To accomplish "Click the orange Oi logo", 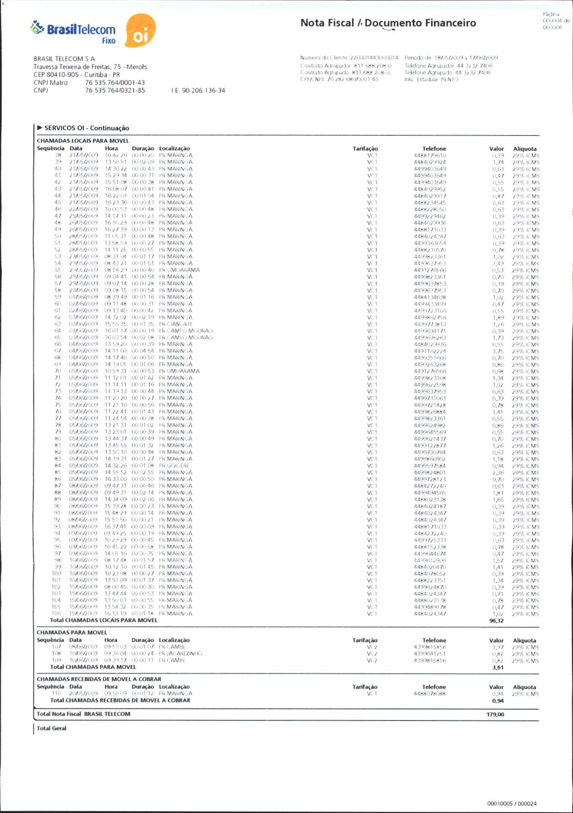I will pos(140,31).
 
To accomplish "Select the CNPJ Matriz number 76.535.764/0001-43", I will pos(115,83).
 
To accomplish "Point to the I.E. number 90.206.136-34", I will pos(203,91).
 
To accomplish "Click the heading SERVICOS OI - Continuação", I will pos(86,128).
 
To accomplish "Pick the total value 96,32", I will pos(496,621).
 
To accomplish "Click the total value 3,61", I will pos(498,667).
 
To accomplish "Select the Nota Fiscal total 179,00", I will pos(495,714).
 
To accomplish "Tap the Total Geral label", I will pos(51,728).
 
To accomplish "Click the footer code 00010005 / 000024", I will pos(512,804).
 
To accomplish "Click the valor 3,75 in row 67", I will pos(498,351).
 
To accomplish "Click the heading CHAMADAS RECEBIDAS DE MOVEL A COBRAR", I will pos(99,679).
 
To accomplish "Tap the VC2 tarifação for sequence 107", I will pos(372,647).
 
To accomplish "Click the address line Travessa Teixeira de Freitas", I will pos(90,67).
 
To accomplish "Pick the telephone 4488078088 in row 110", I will pos(430,694).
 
